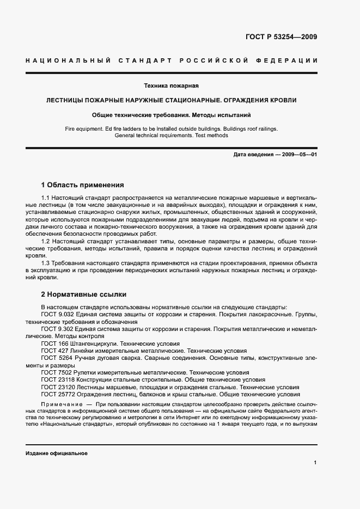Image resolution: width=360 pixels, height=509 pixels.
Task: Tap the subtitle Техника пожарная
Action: pos(170,86)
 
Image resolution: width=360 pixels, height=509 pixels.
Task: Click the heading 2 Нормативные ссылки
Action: pos(83,295)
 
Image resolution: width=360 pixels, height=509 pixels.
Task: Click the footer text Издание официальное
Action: pos(56,453)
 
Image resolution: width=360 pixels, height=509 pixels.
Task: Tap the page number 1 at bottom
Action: pos(315,463)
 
